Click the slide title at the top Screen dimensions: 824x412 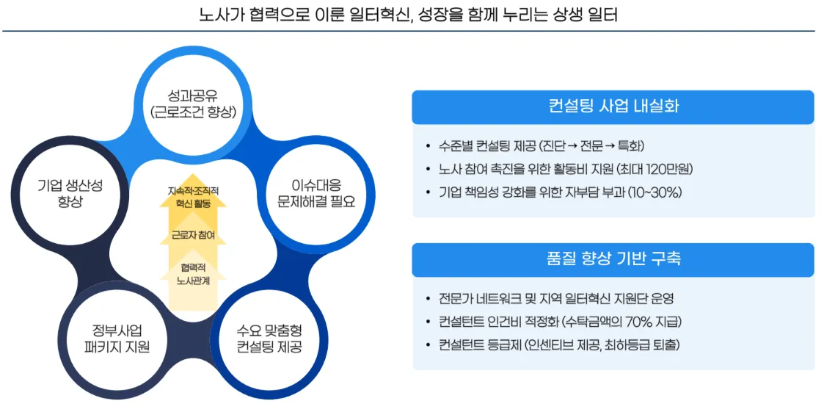point(408,14)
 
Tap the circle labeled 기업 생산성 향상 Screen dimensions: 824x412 point(68,192)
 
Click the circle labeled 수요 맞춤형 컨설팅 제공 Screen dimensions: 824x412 point(269,339)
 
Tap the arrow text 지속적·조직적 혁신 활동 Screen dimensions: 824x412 point(193,197)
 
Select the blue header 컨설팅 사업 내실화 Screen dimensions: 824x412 point(613,106)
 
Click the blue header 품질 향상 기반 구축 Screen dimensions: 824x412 point(613,259)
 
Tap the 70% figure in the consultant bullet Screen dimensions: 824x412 point(642,322)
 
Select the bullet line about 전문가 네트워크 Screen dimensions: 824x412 point(550,298)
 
